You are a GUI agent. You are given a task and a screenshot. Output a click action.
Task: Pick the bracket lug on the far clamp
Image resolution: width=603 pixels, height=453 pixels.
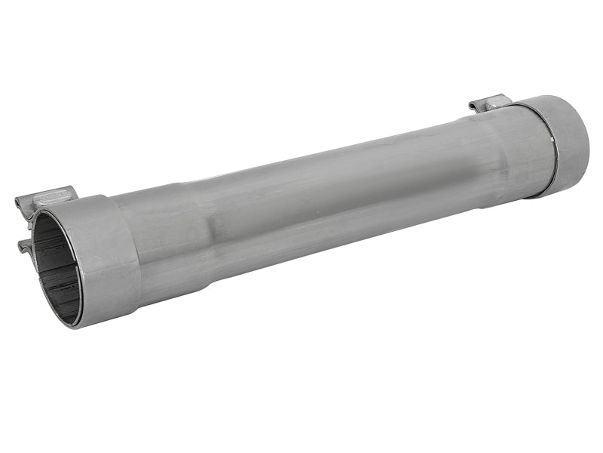point(490,103)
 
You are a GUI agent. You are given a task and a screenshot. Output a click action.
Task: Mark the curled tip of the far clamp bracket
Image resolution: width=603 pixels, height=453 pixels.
point(473,105)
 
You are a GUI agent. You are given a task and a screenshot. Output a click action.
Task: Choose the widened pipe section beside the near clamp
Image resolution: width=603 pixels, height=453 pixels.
point(162,242)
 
